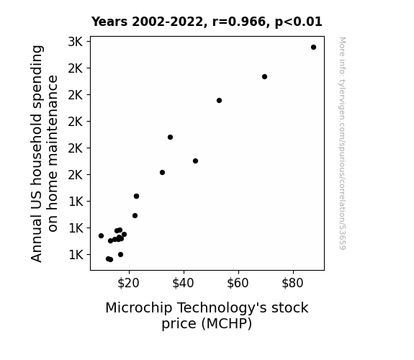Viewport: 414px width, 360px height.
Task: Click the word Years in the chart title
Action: click(x=109, y=22)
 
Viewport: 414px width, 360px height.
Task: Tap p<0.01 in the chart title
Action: click(x=299, y=22)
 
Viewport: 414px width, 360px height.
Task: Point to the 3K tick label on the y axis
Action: click(x=76, y=42)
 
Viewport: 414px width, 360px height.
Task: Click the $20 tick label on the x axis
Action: click(x=128, y=283)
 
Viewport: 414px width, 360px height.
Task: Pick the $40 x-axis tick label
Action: click(x=183, y=283)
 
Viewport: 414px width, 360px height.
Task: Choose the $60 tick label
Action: click(x=238, y=283)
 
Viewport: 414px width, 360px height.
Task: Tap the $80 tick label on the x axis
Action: click(x=292, y=283)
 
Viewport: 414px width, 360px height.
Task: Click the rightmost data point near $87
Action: click(x=313, y=48)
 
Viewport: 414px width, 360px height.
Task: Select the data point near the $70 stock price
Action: click(x=264, y=76)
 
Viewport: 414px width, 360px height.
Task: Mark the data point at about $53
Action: click(x=219, y=100)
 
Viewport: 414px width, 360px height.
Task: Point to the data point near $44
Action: click(x=195, y=161)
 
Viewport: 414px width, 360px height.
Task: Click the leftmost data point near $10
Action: click(x=101, y=235)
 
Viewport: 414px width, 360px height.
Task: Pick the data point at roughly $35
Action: click(x=171, y=137)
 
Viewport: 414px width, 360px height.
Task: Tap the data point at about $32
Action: click(x=163, y=173)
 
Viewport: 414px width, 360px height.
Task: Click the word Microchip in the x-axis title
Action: click(x=139, y=308)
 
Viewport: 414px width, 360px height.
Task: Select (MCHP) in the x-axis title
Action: click(x=226, y=324)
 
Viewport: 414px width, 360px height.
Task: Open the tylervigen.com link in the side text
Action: click(x=342, y=144)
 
